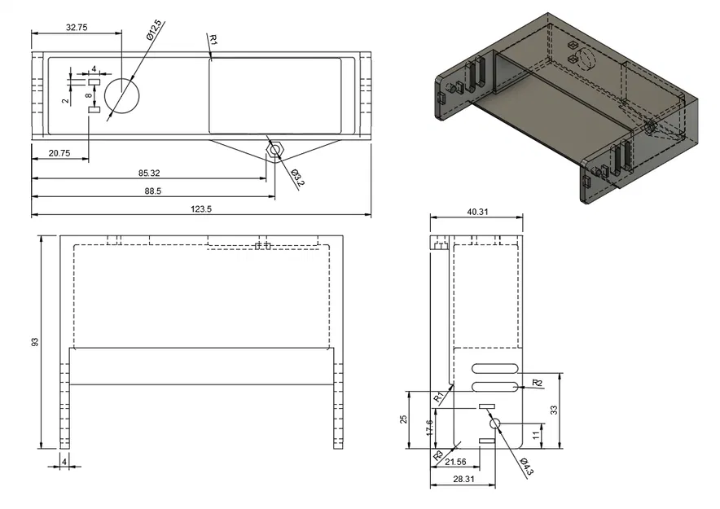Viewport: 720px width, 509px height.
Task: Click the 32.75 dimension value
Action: (x=77, y=27)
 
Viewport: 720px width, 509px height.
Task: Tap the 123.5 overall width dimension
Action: (x=200, y=209)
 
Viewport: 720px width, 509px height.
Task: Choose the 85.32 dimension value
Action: (x=149, y=173)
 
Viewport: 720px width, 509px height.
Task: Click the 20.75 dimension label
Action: (x=58, y=153)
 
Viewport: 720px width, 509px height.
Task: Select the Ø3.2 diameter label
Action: (x=296, y=178)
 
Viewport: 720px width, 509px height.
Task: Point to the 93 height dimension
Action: (x=35, y=341)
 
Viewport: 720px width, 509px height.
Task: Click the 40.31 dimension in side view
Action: (x=478, y=212)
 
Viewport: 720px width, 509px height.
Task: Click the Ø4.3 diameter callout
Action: (x=526, y=468)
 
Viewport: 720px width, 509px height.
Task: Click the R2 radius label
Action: (x=537, y=383)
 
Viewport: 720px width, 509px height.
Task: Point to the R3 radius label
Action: (x=439, y=455)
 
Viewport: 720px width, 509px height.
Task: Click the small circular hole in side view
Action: (x=494, y=423)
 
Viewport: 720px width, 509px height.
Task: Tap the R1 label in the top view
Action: (x=213, y=38)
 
